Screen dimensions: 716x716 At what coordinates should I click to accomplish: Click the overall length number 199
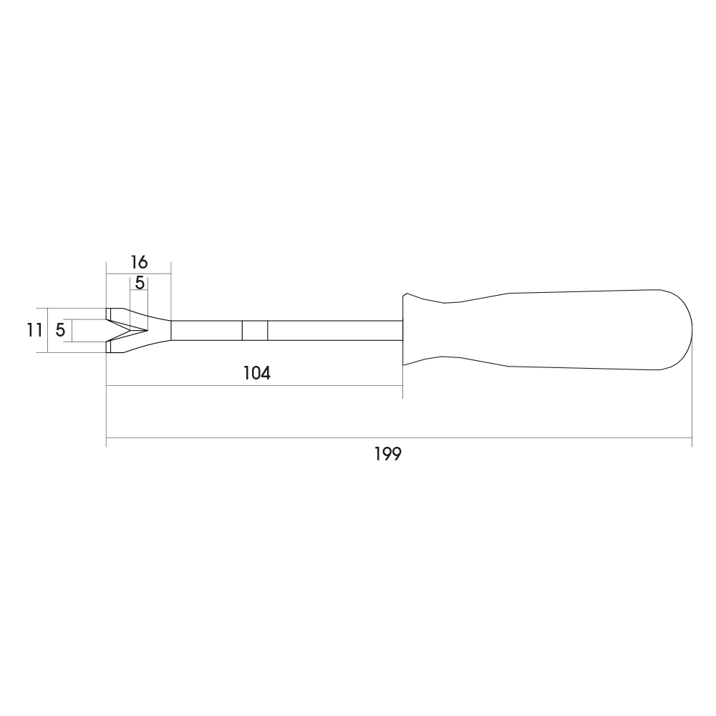coord(387,455)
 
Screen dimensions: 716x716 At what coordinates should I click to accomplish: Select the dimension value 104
coord(256,374)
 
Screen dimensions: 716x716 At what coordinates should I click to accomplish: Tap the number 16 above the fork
coord(140,263)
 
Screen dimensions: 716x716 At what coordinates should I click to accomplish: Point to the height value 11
coord(34,330)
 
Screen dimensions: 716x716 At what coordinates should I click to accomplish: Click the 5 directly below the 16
coord(140,283)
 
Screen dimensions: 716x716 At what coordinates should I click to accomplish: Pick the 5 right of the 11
coord(60,330)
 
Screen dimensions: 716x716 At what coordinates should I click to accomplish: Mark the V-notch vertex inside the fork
coord(147,330)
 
